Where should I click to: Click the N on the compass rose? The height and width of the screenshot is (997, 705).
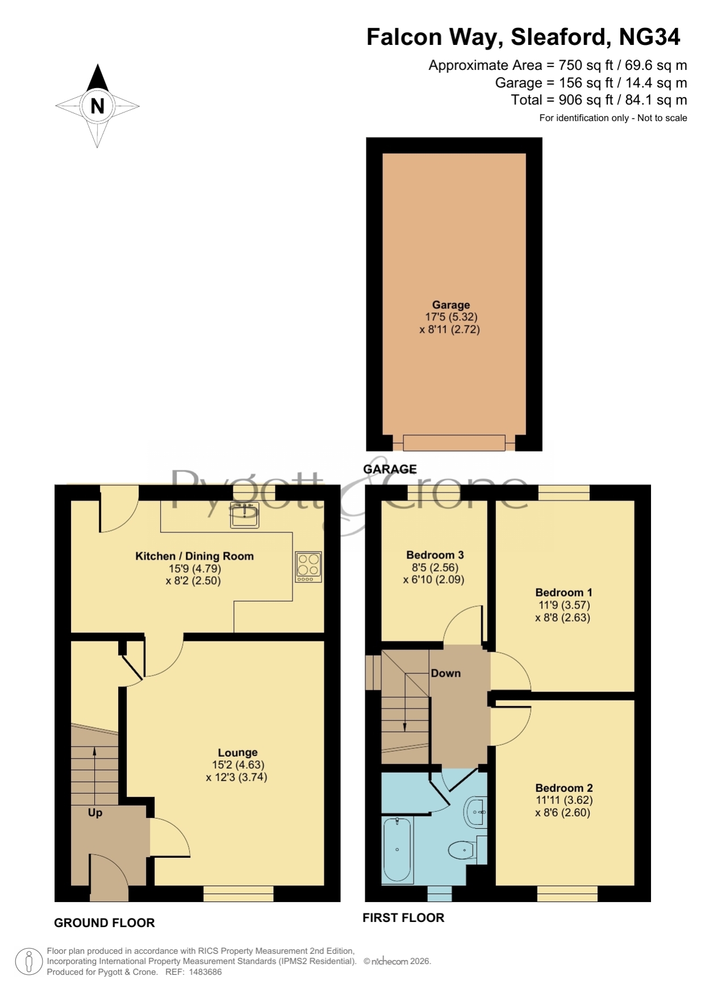pyautogui.click(x=98, y=106)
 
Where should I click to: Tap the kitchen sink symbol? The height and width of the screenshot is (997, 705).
pyautogui.click(x=245, y=514)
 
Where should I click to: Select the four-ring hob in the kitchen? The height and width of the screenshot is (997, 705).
pyautogui.click(x=308, y=567)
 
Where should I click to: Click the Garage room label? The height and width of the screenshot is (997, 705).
pyautogui.click(x=451, y=305)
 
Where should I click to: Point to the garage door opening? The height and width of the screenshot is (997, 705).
pyautogui.click(x=454, y=443)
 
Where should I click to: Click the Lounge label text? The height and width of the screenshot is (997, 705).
pyautogui.click(x=237, y=753)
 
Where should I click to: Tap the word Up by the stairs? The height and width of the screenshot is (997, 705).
pyautogui.click(x=95, y=813)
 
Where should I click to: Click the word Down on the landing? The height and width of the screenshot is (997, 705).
pyautogui.click(x=445, y=673)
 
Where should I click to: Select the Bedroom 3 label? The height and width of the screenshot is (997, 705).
pyautogui.click(x=435, y=555)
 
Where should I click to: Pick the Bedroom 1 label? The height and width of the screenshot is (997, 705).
pyautogui.click(x=564, y=593)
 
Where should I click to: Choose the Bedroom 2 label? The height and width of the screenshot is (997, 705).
pyautogui.click(x=564, y=788)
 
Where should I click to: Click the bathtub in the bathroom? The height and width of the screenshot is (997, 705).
pyautogui.click(x=398, y=850)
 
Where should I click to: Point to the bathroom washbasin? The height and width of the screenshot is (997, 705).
pyautogui.click(x=476, y=812)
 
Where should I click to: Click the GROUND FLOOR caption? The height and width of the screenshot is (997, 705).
pyautogui.click(x=105, y=923)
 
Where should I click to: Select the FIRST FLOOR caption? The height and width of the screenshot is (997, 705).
pyautogui.click(x=403, y=917)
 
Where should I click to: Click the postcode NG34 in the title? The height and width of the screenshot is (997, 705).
pyautogui.click(x=649, y=37)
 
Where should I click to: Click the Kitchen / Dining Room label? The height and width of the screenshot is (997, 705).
pyautogui.click(x=194, y=556)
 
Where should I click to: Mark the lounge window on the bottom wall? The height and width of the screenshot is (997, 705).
pyautogui.click(x=239, y=894)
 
